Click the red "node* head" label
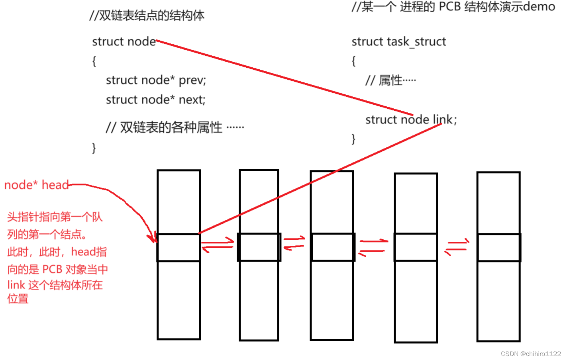click(36, 185)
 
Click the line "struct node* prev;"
click(156, 80)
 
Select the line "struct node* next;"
click(155, 100)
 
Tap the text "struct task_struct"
click(398, 41)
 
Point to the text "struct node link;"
click(411, 119)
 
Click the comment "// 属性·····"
click(390, 80)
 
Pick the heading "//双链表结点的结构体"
click(147, 16)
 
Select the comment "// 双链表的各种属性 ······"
click(175, 127)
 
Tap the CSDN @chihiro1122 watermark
click(530, 354)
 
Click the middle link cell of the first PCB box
click(179, 247)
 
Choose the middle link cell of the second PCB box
click(259, 247)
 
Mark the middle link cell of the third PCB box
click(332, 247)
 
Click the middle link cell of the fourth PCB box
click(416, 247)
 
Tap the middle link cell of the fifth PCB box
click(498, 247)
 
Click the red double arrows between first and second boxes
click(218, 245)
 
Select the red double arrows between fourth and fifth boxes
click(457, 247)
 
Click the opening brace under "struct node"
click(94, 61)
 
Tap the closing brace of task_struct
click(353, 139)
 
